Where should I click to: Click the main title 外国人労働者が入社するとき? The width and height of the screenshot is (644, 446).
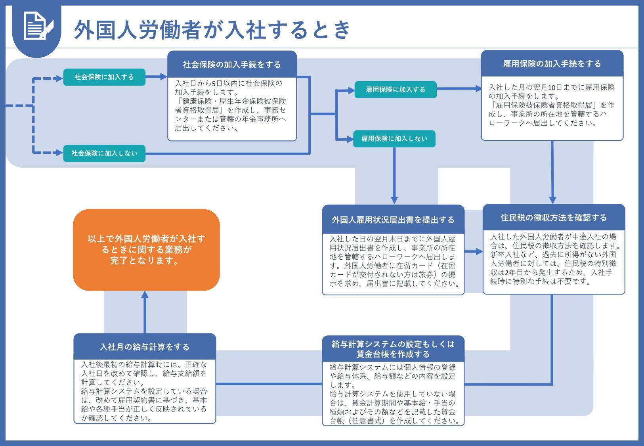[212, 30]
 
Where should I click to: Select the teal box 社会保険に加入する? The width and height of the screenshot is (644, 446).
[104, 77]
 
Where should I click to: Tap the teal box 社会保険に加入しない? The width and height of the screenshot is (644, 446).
[104, 153]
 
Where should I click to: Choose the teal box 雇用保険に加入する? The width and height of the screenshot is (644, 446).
[395, 90]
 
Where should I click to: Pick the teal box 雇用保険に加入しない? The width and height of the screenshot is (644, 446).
[394, 139]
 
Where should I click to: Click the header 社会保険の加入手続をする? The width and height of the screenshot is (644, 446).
[232, 64]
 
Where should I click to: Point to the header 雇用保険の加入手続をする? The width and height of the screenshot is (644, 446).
[552, 63]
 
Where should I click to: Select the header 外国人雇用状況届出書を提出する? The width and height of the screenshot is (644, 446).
[393, 220]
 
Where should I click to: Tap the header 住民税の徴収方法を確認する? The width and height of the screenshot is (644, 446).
[554, 217]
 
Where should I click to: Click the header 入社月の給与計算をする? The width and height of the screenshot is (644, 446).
[145, 347]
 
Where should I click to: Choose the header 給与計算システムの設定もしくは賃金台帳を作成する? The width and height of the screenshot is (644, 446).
[393, 349]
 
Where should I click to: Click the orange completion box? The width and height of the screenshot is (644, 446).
[146, 250]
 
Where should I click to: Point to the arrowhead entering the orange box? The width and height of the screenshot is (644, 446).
[145, 294]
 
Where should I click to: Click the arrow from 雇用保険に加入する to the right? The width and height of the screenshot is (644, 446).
[459, 88]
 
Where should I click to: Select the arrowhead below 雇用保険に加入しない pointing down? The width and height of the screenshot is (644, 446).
[394, 201]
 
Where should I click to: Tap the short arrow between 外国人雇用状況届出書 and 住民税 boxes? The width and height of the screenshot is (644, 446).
[474, 252]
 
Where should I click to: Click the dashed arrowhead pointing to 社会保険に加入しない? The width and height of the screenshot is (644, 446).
[59, 153]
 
